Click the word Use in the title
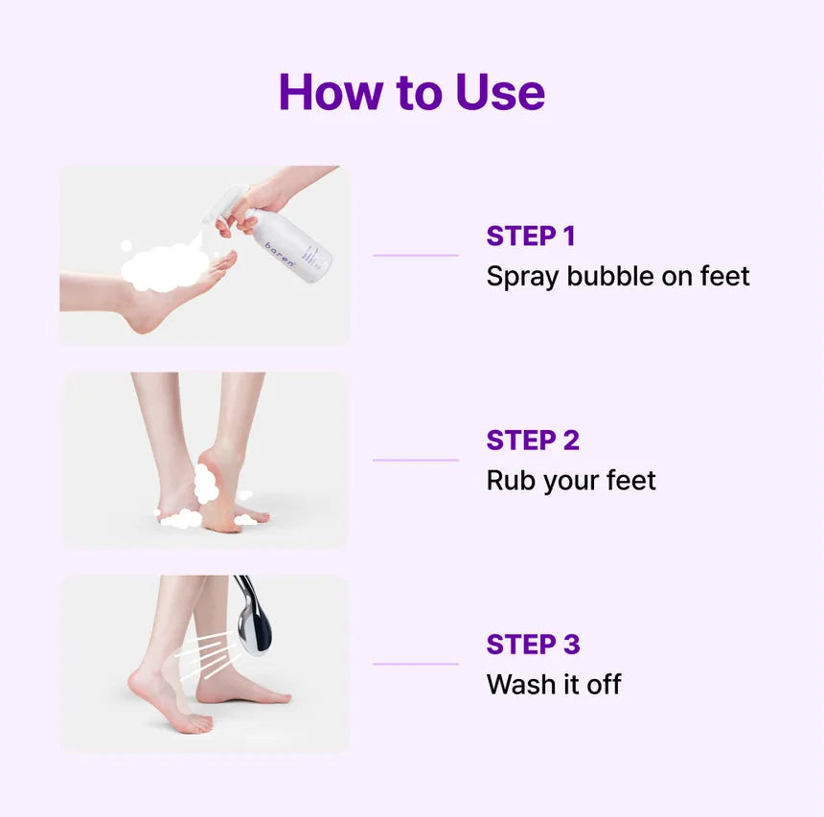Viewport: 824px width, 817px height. tap(500, 92)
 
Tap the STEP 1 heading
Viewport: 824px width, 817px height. tap(531, 236)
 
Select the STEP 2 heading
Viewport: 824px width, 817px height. tap(533, 441)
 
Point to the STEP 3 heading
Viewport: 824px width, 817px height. tap(533, 645)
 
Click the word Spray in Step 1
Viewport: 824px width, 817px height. tap(522, 277)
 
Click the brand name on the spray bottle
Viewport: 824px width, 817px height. tap(280, 255)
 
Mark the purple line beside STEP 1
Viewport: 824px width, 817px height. tap(416, 256)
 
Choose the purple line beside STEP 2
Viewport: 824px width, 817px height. tap(416, 460)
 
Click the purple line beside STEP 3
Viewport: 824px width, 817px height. tap(416, 664)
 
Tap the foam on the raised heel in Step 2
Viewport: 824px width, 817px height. tap(205, 484)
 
